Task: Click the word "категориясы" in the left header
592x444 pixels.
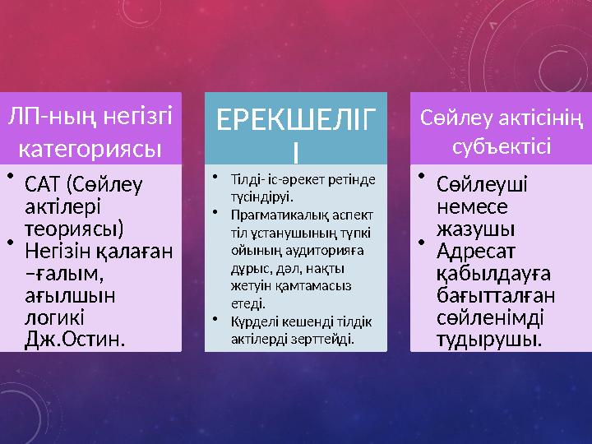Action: [x=89, y=150]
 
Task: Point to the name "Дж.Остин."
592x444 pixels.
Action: [x=76, y=337]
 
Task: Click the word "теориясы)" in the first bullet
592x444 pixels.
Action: [x=75, y=226]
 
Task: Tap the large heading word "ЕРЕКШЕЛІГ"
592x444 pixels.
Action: [x=295, y=124]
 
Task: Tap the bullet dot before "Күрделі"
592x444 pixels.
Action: [x=213, y=319]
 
